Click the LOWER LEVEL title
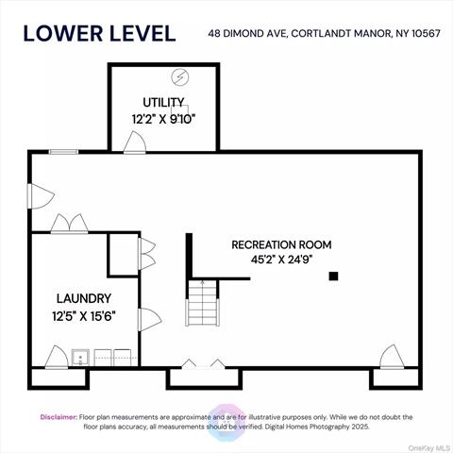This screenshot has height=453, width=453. tap(99, 33)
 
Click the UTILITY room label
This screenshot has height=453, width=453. tap(162, 102)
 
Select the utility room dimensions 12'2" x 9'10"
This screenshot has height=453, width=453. tap(163, 119)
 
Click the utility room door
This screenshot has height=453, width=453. tap(136, 143)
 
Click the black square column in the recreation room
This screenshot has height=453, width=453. tap(333, 276)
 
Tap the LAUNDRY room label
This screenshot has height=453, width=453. tap(82, 299)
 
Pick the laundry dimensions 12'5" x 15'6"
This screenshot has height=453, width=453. tap(82, 317)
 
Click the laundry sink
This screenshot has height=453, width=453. tap(81, 358)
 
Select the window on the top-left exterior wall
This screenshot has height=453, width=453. tap(63, 151)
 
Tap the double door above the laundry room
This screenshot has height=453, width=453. tap(68, 225)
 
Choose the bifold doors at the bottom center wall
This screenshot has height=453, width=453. tap(203, 363)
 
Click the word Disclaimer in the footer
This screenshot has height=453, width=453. tap(59, 416)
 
